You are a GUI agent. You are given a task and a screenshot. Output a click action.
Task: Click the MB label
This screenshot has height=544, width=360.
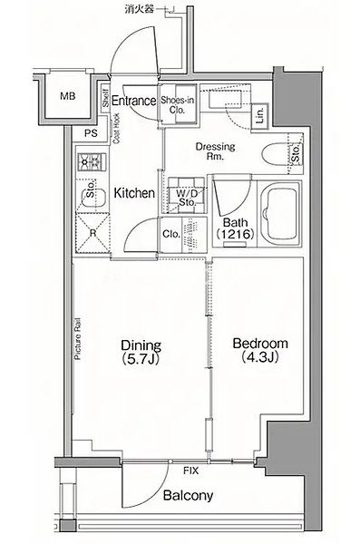point(68,96)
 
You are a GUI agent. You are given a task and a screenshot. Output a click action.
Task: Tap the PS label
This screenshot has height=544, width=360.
point(91,133)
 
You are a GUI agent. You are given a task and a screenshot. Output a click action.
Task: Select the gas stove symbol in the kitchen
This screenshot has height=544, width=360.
point(92,161)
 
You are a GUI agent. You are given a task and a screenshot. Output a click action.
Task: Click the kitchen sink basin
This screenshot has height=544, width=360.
point(93,197)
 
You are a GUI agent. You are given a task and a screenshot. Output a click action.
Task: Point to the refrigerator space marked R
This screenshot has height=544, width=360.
point(92,233)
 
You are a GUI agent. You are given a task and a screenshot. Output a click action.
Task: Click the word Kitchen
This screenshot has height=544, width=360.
point(134,193)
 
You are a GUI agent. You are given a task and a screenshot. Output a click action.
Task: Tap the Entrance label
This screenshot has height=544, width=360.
point(134,101)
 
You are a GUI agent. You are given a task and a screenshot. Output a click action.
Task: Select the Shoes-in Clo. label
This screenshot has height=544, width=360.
point(178,105)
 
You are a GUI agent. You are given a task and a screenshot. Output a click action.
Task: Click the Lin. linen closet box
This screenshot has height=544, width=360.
point(259,117)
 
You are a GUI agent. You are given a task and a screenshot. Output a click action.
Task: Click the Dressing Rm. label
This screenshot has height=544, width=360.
point(215,151)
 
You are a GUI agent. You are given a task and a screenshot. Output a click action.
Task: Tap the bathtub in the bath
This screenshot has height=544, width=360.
point(280,212)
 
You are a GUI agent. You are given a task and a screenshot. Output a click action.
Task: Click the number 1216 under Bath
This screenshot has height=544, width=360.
point(236,234)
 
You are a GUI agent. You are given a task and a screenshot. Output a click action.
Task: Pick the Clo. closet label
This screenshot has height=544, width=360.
point(171,234)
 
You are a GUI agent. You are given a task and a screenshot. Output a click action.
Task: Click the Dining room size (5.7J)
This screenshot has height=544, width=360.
point(141,359)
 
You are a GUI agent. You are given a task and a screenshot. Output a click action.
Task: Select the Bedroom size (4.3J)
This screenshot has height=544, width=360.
point(260,356)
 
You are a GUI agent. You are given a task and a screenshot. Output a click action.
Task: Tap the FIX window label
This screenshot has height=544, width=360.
point(191,471)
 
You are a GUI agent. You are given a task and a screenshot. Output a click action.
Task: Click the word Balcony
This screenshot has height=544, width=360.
point(188,495)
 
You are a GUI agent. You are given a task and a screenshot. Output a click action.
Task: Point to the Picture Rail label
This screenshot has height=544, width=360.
point(78,339)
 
